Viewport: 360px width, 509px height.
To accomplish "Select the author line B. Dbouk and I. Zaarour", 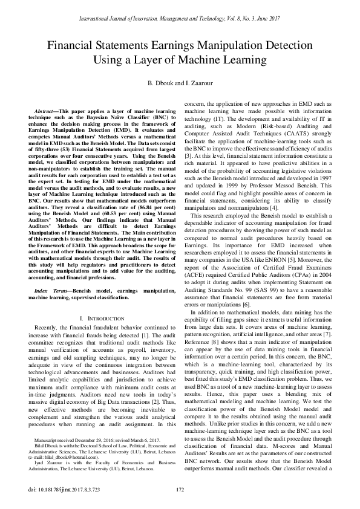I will [180, 82].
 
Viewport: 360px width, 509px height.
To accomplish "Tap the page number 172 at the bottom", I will [180, 490].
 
